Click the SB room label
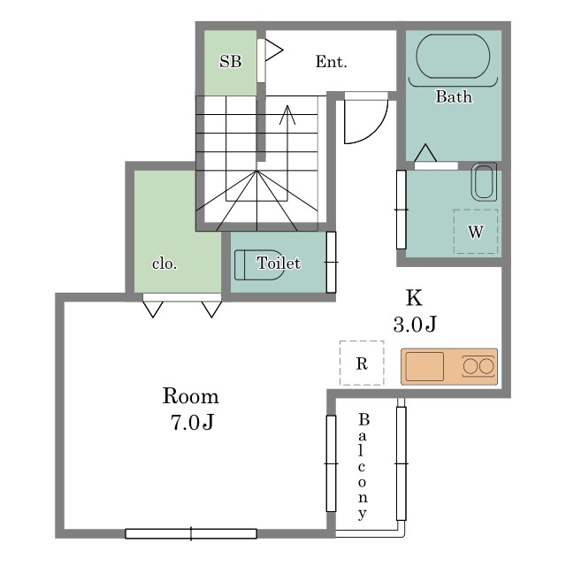click(x=230, y=62)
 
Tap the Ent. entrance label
click(x=331, y=62)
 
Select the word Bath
click(x=453, y=97)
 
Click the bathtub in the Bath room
click(x=453, y=57)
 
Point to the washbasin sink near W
click(x=483, y=181)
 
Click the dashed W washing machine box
click(x=476, y=232)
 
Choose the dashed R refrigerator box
click(x=362, y=363)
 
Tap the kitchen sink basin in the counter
click(x=424, y=366)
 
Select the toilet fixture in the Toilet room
click(x=257, y=264)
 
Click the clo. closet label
click(x=164, y=264)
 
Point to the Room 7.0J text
click(x=190, y=409)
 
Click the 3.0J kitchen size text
click(x=415, y=325)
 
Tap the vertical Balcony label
click(x=363, y=465)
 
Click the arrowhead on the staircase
click(x=286, y=112)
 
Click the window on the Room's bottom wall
click(x=191, y=533)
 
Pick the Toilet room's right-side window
click(x=332, y=262)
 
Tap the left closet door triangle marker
click(x=153, y=309)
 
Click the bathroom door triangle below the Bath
click(x=425, y=152)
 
